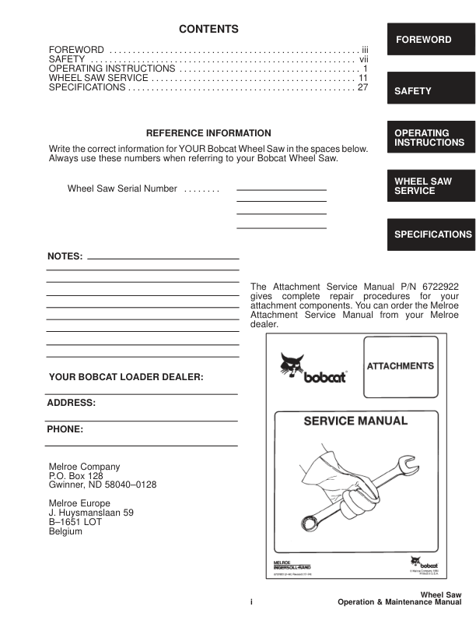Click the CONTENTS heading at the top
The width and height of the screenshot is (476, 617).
[x=208, y=30]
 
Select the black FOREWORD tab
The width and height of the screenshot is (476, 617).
[x=429, y=40]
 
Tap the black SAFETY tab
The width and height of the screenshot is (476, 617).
[x=429, y=91]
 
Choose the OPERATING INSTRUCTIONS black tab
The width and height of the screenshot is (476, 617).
[x=429, y=138]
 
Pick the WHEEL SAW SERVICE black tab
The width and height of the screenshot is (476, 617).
[x=429, y=186]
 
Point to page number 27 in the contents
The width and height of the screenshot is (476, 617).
[x=362, y=87]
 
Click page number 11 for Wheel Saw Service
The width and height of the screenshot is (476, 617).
[x=362, y=78]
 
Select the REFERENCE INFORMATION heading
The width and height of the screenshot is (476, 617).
[x=208, y=133]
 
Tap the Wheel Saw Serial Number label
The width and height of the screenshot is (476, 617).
[x=123, y=189]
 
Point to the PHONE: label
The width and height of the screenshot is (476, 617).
[x=65, y=428]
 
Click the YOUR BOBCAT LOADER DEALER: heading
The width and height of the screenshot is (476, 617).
[x=126, y=377]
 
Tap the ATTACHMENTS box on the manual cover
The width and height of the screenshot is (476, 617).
[x=400, y=365]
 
